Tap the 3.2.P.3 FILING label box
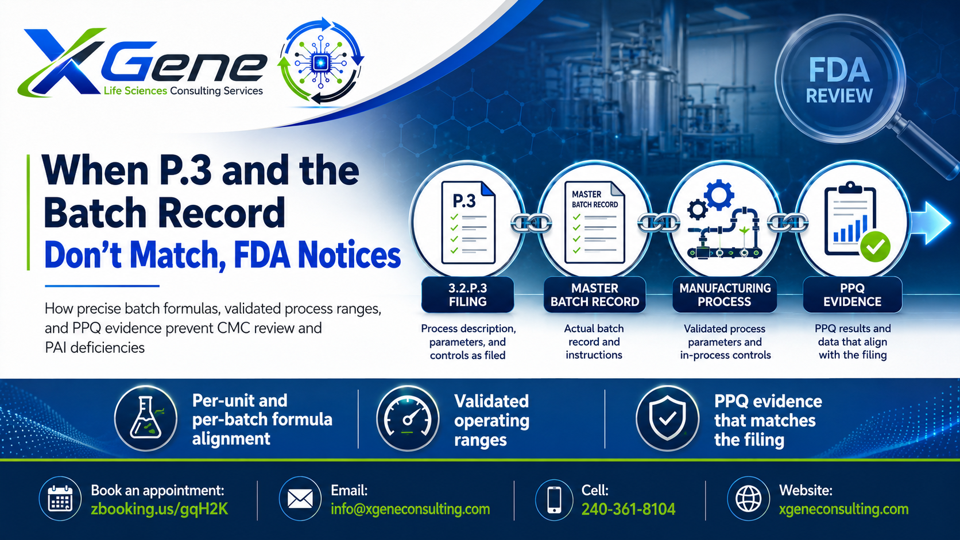[467, 294]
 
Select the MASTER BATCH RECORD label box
[595, 294]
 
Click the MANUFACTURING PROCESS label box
[725, 294]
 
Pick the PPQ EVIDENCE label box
[853, 294]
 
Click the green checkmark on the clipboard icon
[875, 246]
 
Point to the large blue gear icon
[719, 195]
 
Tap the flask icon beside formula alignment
[146, 418]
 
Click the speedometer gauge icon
[408, 418]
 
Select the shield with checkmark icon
[667, 418]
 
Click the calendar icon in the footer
[60, 499]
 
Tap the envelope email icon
[300, 499]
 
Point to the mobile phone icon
[554, 499]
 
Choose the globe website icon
[748, 499]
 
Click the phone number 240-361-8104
[628, 509]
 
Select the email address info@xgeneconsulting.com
[410, 509]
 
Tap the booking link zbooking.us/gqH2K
[160, 510]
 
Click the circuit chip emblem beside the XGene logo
[320, 61]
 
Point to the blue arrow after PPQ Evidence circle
[930, 223]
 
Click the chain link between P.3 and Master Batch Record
[532, 223]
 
